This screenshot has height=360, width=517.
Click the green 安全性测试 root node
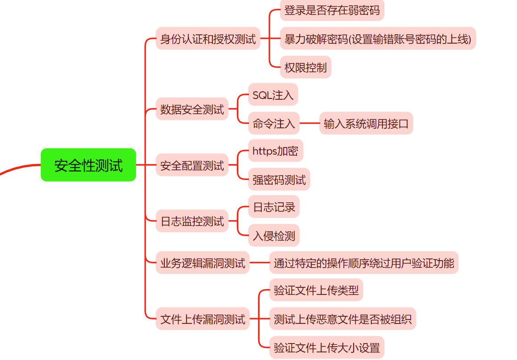pyautogui.click(x=88, y=165)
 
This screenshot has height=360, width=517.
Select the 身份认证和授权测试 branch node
pyautogui.click(x=208, y=39)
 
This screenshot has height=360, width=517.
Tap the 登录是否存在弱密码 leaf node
pyautogui.click(x=332, y=10)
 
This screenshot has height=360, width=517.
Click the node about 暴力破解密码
pyautogui.click(x=378, y=39)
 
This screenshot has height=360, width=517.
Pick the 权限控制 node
pyautogui.click(x=305, y=67)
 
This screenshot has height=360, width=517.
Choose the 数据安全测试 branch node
pyautogui.click(x=192, y=109)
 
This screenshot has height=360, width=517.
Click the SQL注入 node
pyautogui.click(x=273, y=95)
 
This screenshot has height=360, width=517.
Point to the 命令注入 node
pyautogui.click(x=273, y=123)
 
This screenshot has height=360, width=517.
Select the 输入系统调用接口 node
pyautogui.click(x=366, y=123)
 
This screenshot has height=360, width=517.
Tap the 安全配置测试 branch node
pyautogui.click(x=192, y=166)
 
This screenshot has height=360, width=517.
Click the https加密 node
pyautogui.click(x=275, y=151)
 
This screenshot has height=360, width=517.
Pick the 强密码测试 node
pyautogui.click(x=279, y=180)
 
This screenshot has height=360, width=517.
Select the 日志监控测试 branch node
pyautogui.click(x=192, y=221)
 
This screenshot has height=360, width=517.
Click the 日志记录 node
pyautogui.click(x=273, y=207)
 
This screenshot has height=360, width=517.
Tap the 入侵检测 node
pyautogui.click(x=273, y=236)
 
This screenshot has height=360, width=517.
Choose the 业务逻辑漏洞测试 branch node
pyautogui.click(x=203, y=263)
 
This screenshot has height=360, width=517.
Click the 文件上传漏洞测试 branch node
pyautogui.click(x=203, y=319)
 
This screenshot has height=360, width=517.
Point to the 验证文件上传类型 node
pyautogui.click(x=316, y=290)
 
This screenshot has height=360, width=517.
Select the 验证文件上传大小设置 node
pyautogui.click(x=326, y=348)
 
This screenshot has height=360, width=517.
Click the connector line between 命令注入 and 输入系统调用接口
pyautogui.click(x=309, y=123)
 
